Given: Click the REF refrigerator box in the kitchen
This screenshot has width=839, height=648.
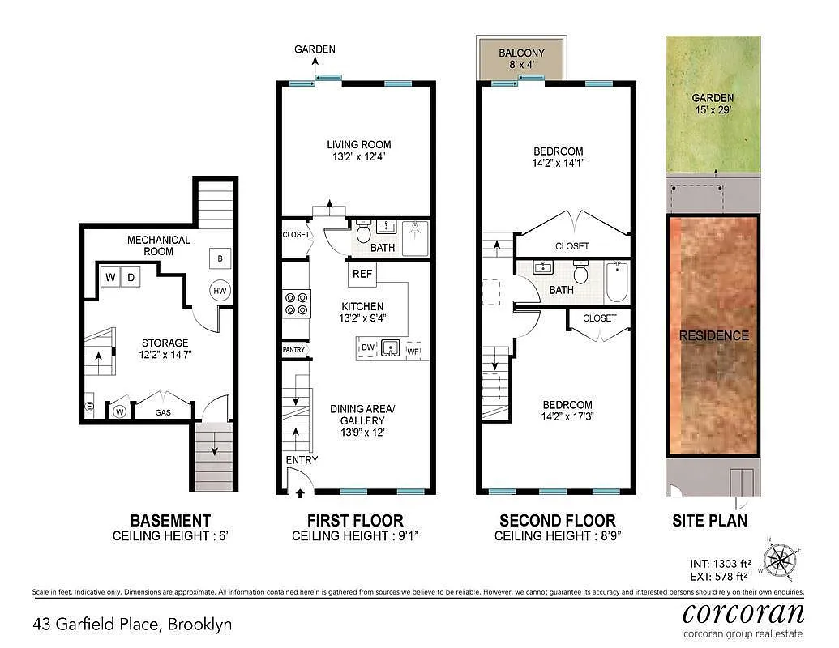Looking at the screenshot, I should (x=362, y=274).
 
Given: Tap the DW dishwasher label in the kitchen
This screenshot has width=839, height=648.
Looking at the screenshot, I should (x=368, y=348).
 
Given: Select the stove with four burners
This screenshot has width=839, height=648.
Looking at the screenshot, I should (x=296, y=303).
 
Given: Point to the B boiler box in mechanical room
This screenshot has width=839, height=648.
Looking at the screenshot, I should (x=219, y=258).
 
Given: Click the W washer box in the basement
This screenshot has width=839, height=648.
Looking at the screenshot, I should (x=111, y=278).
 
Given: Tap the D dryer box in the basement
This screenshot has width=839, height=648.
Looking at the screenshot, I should (x=130, y=278).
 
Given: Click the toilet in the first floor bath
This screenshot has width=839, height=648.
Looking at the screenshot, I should (x=362, y=230).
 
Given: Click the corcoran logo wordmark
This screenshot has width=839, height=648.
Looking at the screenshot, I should (x=743, y=612).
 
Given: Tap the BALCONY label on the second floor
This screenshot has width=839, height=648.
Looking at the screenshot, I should (x=521, y=53).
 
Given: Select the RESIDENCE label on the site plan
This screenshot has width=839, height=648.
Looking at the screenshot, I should (x=713, y=335).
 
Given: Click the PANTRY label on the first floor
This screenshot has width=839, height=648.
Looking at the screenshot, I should (x=293, y=349).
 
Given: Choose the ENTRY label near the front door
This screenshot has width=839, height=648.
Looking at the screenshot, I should (x=302, y=460).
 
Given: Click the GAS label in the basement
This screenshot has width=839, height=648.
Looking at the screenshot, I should (x=164, y=412).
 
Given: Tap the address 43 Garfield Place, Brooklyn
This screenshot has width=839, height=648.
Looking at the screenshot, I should (x=132, y=624).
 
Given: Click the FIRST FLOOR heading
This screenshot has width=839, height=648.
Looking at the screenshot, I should (x=354, y=520).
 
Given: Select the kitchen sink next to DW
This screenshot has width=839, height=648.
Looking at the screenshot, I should (x=391, y=348).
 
